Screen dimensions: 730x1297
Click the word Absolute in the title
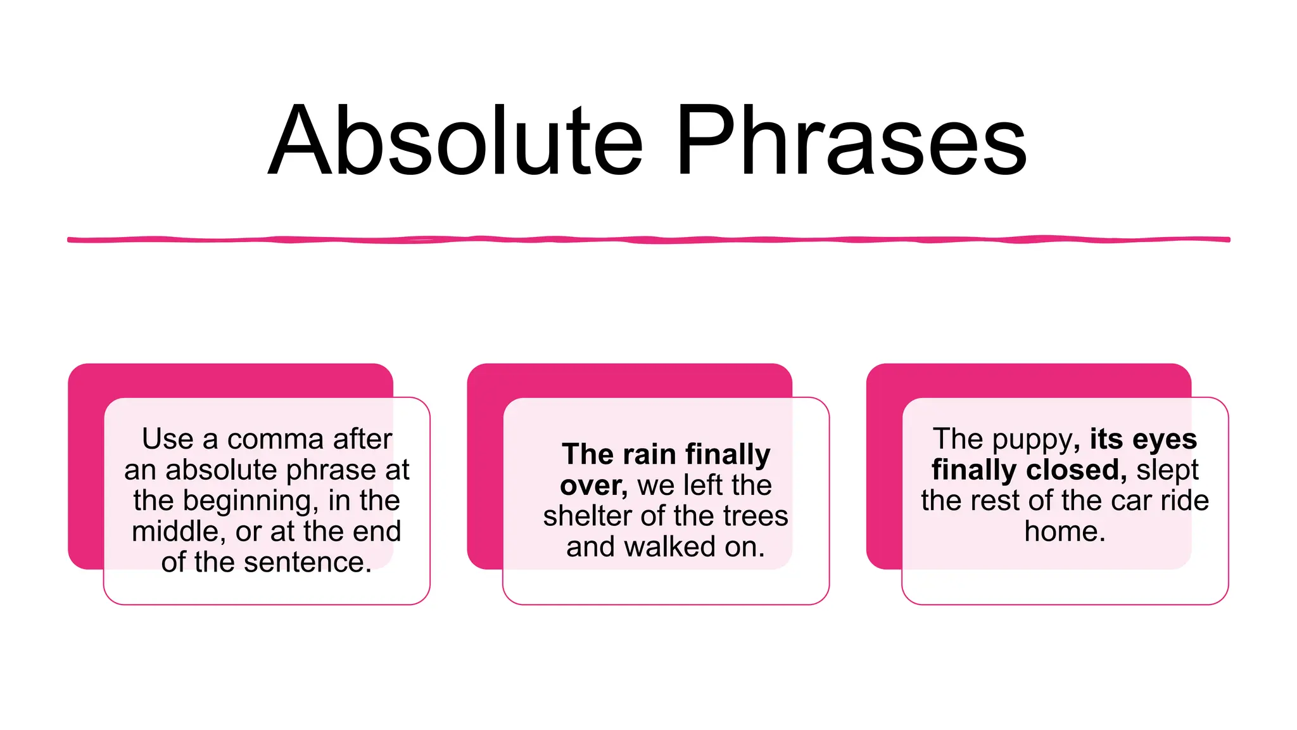coord(456,141)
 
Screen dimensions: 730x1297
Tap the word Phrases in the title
coord(851,141)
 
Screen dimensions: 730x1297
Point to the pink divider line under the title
coord(648,240)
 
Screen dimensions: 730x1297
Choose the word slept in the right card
coord(1167,470)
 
